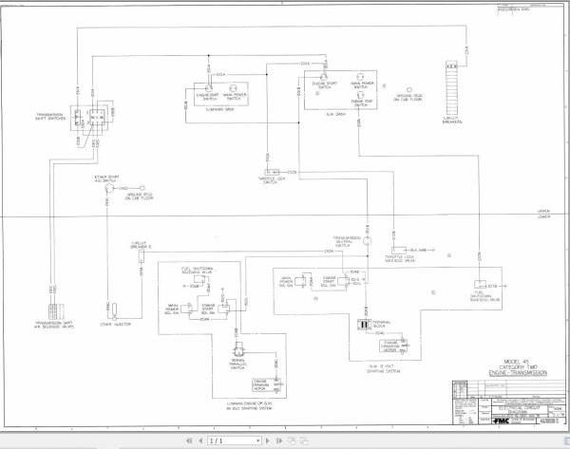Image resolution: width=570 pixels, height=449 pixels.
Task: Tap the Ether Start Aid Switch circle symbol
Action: coord(107,188)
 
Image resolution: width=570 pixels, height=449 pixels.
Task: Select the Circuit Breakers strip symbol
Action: coord(452,78)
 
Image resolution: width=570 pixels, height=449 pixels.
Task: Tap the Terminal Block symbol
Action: coord(362,325)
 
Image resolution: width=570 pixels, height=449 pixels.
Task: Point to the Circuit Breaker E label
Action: coord(141,245)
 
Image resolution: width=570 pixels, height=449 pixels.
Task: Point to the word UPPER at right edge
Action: coord(543,212)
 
